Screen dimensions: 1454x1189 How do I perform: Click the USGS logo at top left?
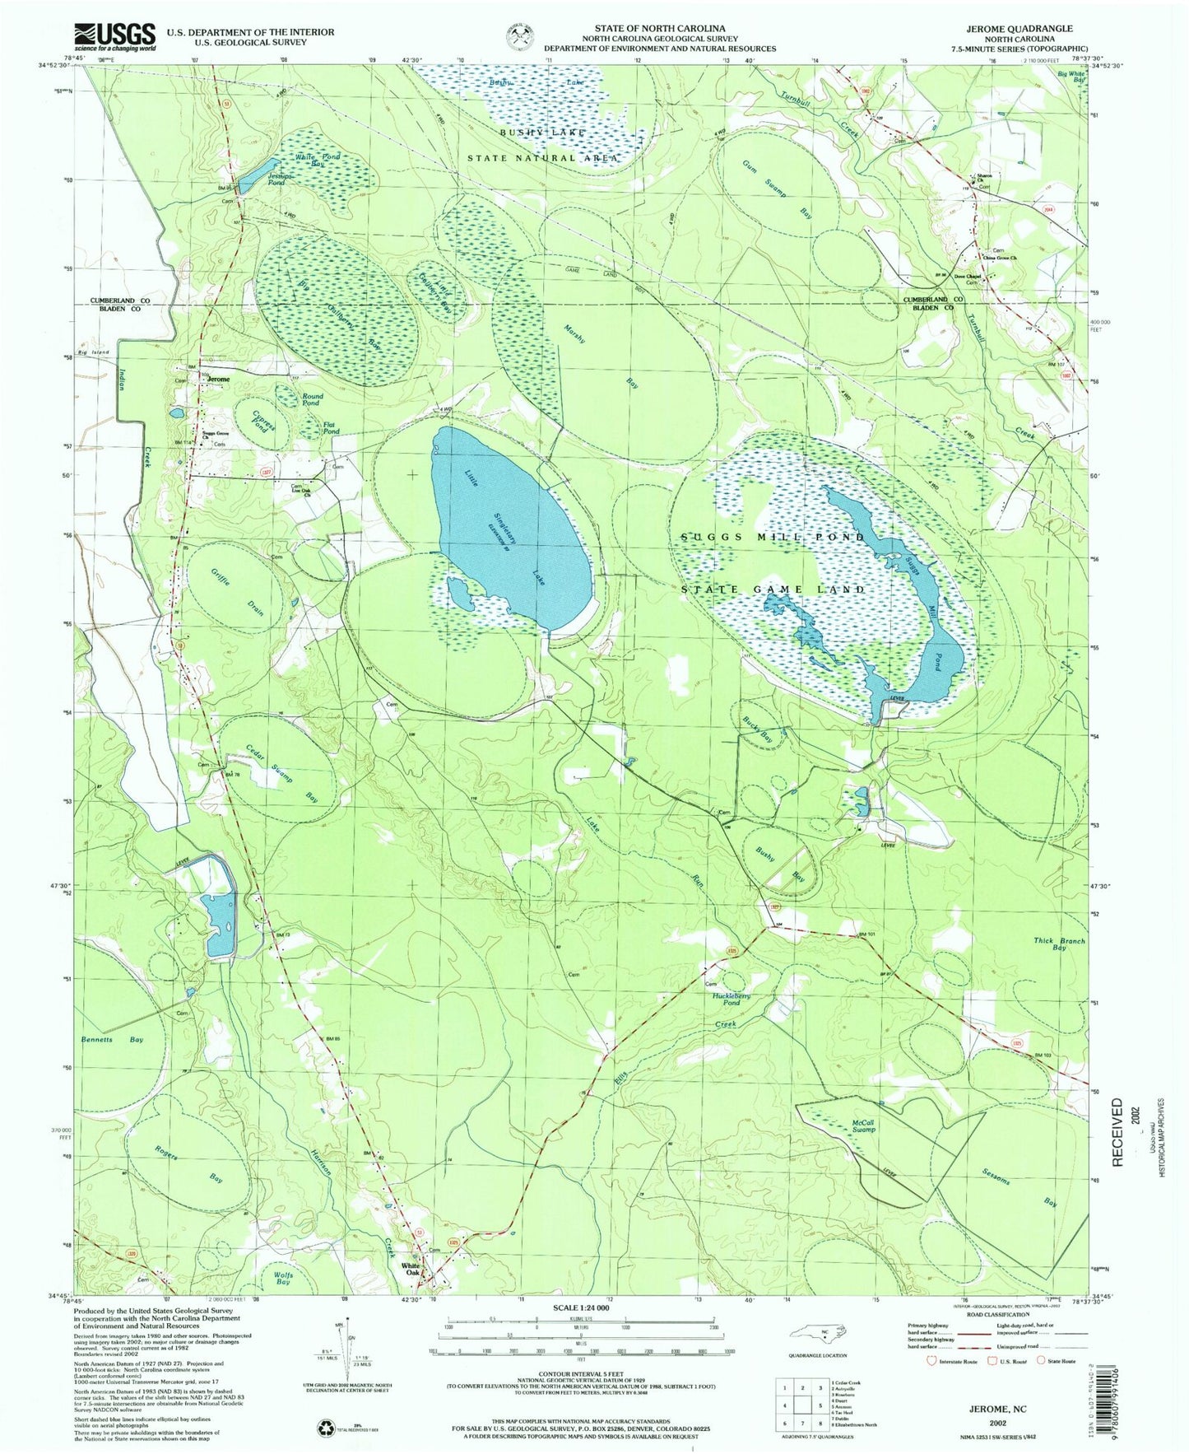[114, 36]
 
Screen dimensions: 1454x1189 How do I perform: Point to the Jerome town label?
[218, 380]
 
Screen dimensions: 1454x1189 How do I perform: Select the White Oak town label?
[411, 1270]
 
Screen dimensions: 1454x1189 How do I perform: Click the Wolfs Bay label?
[282, 1278]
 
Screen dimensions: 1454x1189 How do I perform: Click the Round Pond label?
[311, 400]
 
